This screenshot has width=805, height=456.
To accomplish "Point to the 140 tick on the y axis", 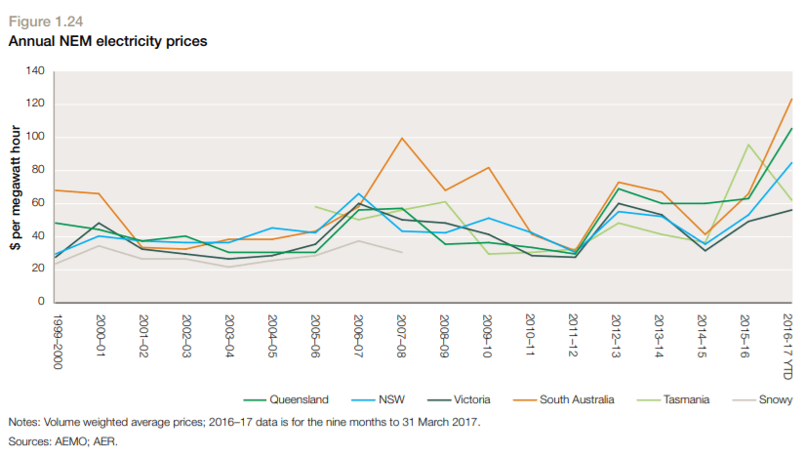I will coord(35,70).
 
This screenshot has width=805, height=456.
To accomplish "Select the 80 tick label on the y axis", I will coord(38,170).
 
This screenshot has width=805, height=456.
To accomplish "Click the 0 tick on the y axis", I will coord(41,302).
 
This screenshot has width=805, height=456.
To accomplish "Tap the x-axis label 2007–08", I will coord(401,335).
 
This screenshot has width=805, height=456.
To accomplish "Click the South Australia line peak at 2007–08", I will coord(401,138).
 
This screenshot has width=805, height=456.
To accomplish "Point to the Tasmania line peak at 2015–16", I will coord(746,145).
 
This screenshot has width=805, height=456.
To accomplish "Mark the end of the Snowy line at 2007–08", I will coord(401,252).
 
